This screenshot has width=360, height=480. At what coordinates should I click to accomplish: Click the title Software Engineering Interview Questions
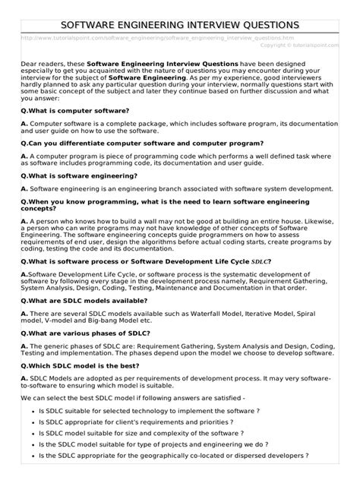180,25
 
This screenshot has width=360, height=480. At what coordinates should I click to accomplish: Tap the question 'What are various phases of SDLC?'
85,334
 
